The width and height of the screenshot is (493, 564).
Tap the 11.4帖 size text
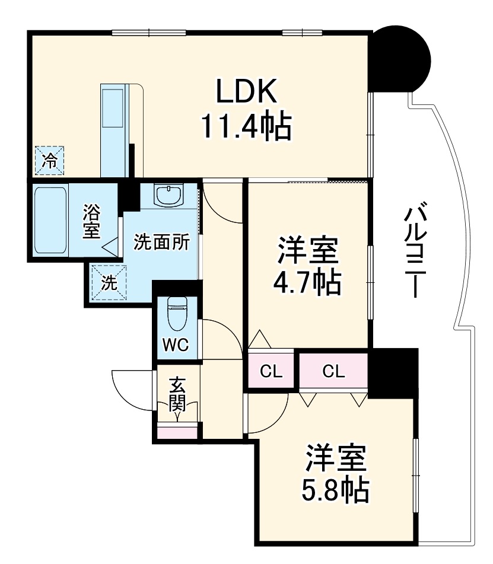click(x=246, y=126)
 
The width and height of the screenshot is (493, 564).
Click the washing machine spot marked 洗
click(x=107, y=283)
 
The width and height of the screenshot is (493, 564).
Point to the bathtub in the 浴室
click(x=50, y=219)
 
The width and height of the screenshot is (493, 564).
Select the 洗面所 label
click(x=161, y=243)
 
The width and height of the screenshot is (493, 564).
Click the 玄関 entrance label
click(x=177, y=394)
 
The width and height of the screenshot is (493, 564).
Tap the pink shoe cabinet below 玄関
click(x=177, y=431)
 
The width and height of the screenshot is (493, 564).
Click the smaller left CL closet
click(x=271, y=372)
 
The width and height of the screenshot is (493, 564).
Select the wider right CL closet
click(x=333, y=371)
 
